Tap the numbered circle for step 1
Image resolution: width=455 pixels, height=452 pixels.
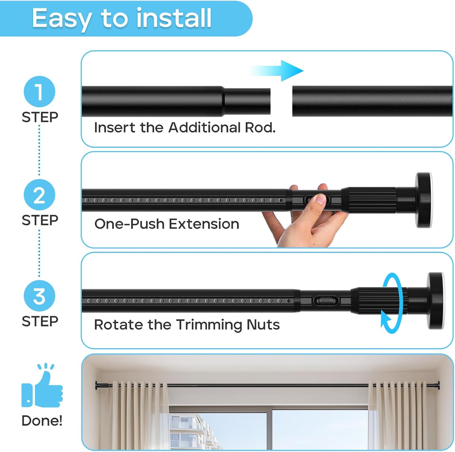click(39, 91)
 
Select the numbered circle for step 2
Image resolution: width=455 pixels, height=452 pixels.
click(39, 195)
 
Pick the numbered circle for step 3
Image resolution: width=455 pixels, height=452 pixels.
click(39, 296)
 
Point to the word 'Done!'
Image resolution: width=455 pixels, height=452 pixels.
click(42, 420)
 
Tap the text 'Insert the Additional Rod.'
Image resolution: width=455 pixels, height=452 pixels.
click(184, 128)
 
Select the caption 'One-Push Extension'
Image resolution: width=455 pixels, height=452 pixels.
click(167, 224)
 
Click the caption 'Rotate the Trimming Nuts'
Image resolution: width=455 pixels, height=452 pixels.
click(187, 325)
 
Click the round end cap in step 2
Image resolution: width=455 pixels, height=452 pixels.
click(423, 200)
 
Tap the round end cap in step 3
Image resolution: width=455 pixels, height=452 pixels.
click(436, 301)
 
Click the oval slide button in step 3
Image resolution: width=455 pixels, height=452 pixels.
click(326, 301)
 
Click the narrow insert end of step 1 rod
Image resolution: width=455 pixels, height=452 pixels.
click(247, 101)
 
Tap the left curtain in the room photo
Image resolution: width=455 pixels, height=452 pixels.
click(140, 415)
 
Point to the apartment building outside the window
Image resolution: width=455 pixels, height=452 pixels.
click(188, 430)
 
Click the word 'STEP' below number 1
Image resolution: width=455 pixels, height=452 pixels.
click(40, 117)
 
